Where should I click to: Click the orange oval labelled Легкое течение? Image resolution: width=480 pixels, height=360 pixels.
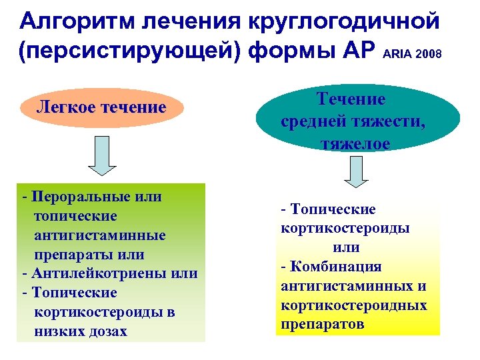tap(101, 107)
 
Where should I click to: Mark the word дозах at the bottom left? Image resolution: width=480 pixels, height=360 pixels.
tap(107, 331)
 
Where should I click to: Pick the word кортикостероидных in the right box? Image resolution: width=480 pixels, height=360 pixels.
tap(353, 305)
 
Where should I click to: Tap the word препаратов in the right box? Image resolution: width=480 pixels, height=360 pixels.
tap(323, 324)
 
